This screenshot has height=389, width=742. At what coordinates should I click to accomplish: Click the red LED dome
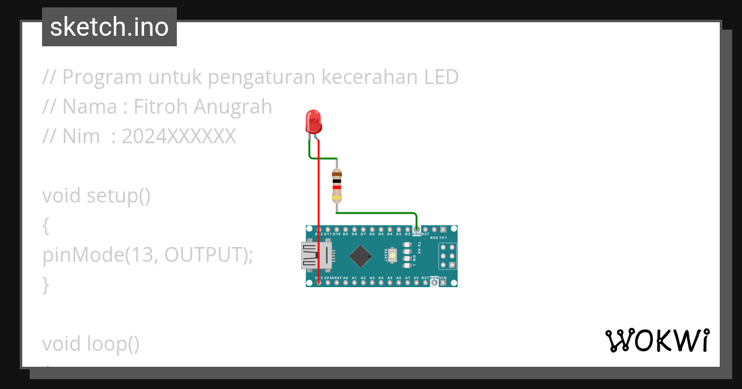tap(314, 120)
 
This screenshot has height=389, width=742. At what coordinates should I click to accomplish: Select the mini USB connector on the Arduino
tap(315, 256)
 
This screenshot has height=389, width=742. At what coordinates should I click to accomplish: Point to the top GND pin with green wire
tap(417, 230)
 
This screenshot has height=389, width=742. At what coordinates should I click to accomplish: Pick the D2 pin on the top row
tap(407, 230)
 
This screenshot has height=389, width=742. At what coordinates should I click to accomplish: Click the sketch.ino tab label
tap(109, 27)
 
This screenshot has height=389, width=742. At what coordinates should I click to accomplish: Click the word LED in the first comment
tap(441, 77)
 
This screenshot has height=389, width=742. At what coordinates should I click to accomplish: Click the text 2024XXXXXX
tap(179, 136)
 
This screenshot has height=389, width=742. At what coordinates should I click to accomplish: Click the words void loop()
tap(91, 343)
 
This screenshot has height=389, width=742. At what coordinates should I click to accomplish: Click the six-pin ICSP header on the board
tap(448, 255)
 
